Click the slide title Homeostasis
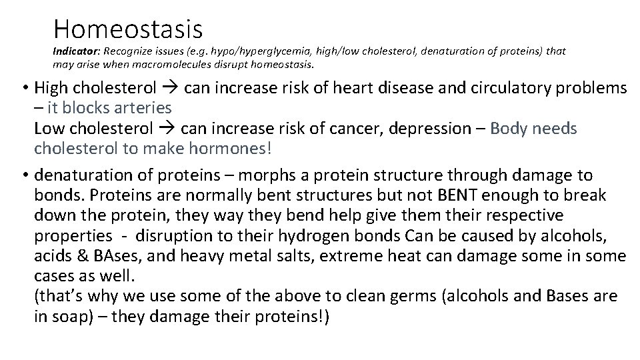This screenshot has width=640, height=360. (127, 28)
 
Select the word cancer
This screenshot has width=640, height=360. (315, 128)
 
